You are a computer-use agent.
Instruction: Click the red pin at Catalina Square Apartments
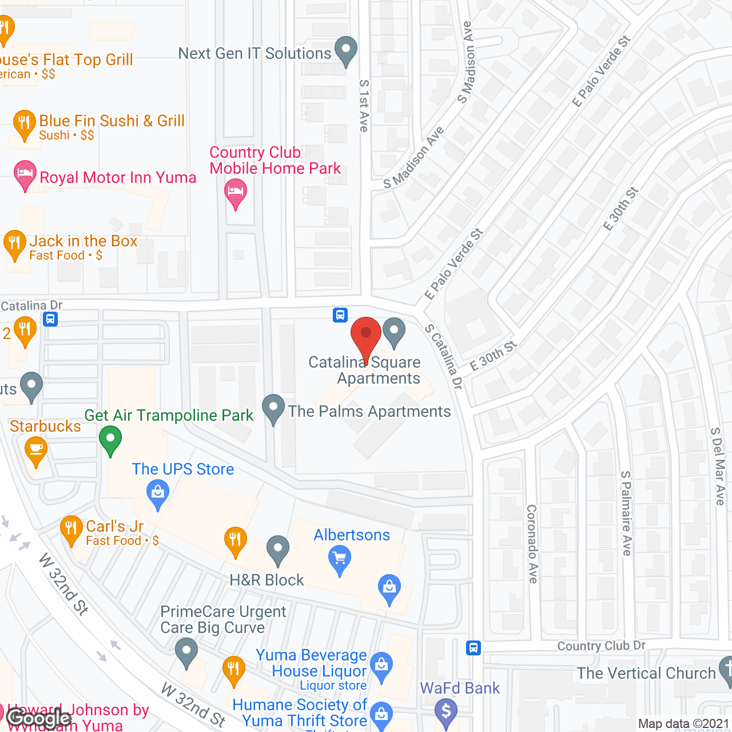365,335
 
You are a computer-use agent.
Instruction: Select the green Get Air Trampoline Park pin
110,440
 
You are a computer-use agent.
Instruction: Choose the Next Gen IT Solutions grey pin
345,50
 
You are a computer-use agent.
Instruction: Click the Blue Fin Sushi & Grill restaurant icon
24,123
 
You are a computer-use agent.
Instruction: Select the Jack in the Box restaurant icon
15,244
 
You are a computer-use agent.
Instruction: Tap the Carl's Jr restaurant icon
71,528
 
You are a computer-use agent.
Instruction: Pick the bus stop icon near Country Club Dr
473,648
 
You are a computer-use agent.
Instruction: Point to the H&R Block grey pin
278,549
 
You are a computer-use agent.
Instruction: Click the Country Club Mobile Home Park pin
236,192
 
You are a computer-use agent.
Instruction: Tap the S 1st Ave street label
364,106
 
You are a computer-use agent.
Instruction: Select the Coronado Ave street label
532,543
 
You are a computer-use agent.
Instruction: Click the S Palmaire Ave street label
627,513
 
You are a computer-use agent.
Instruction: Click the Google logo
39,718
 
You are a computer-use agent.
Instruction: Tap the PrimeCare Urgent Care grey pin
186,652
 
